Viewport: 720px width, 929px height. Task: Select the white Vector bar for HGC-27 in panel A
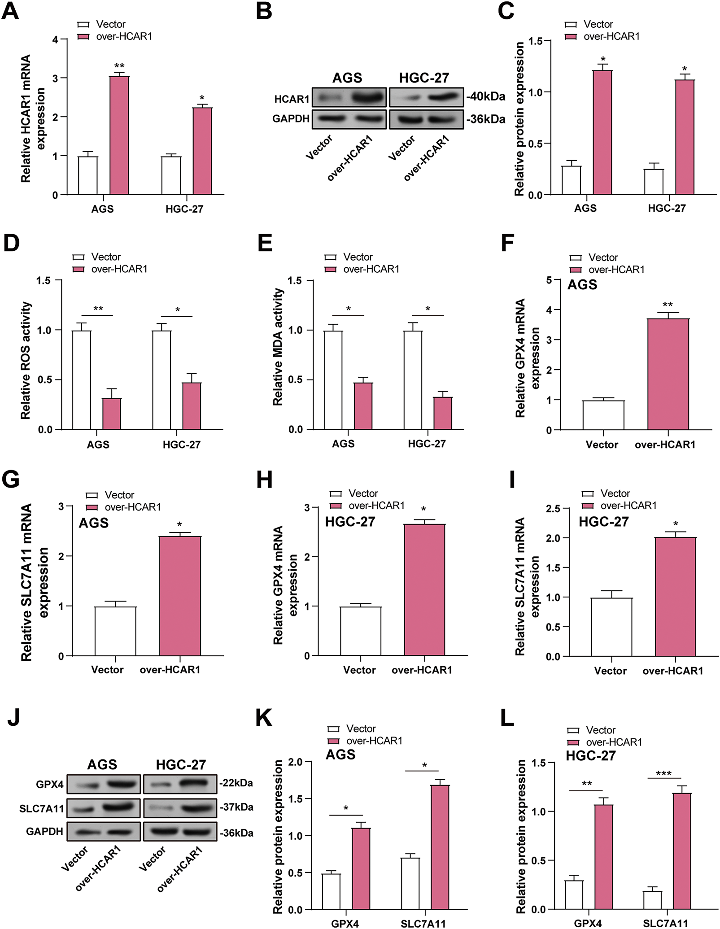(x=171, y=175)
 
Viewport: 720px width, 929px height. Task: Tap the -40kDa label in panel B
(x=486, y=96)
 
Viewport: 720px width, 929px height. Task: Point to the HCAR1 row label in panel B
(x=292, y=99)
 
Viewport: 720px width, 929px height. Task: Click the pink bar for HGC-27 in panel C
(x=685, y=137)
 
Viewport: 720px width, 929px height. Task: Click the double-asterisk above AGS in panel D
(x=98, y=309)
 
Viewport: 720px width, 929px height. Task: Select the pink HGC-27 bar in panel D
(x=192, y=406)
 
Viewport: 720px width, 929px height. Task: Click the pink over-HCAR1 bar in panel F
(x=668, y=374)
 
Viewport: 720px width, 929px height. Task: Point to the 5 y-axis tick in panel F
(x=550, y=280)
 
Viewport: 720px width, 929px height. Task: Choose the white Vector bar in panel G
(x=115, y=631)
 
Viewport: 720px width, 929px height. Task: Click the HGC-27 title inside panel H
(x=350, y=522)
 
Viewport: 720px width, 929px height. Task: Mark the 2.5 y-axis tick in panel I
(x=553, y=509)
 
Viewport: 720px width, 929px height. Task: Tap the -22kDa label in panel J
(x=236, y=783)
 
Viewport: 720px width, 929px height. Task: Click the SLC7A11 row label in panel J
(x=42, y=809)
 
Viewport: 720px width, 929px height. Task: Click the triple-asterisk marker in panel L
(x=663, y=774)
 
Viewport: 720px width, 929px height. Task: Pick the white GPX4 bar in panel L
(x=574, y=894)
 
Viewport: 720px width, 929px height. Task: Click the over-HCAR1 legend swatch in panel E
(x=331, y=270)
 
